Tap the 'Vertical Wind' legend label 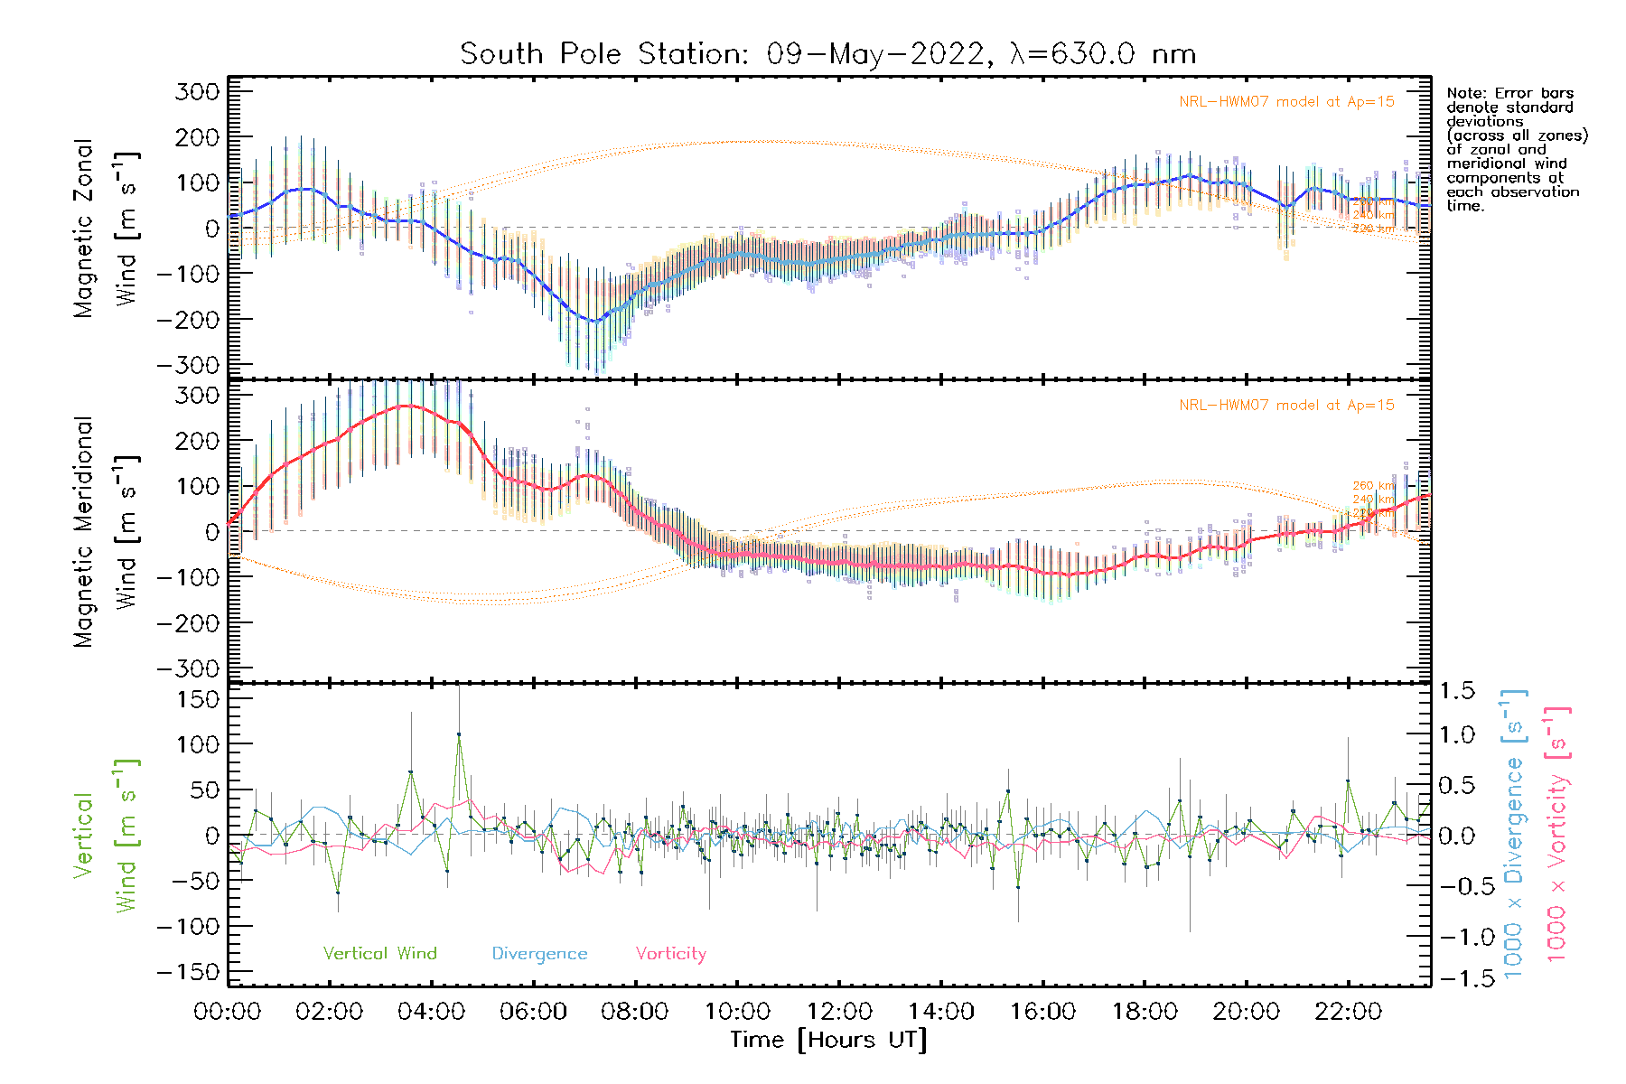click(x=379, y=953)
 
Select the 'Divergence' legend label click(x=539, y=953)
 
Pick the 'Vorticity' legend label click(x=670, y=953)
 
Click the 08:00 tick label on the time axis click(x=635, y=1011)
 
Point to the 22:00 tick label click(x=1348, y=1011)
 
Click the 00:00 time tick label click(x=228, y=1011)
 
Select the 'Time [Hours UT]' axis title click(x=828, y=1040)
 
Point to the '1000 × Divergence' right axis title click(x=1514, y=834)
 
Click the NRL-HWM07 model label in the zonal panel click(x=1286, y=102)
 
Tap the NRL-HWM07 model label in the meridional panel click(x=1286, y=406)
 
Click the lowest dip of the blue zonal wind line click(x=593, y=321)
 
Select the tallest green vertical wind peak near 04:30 click(x=459, y=734)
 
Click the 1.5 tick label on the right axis click(x=1456, y=691)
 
